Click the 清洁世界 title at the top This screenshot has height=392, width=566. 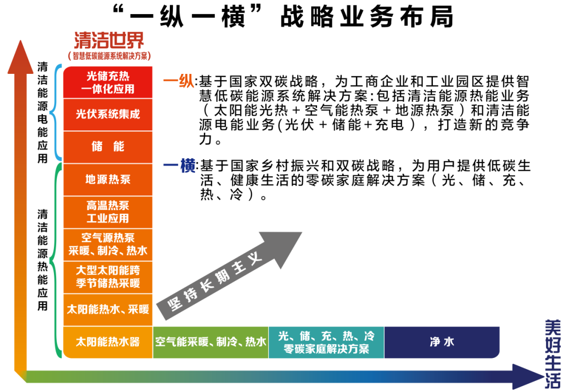pyautogui.click(x=109, y=40)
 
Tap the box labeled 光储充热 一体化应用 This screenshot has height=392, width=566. pyautogui.click(x=108, y=82)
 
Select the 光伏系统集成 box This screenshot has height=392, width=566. pyautogui.click(x=108, y=114)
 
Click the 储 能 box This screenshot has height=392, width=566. pyautogui.click(x=108, y=147)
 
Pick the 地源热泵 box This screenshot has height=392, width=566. pyautogui.click(x=108, y=179)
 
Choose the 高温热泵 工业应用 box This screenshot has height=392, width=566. pyautogui.click(x=108, y=212)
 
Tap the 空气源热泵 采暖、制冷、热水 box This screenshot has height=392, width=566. pyautogui.click(x=108, y=244)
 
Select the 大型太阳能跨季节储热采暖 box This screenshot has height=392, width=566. pyautogui.click(x=108, y=277)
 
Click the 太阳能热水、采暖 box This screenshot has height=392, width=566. pyautogui.click(x=108, y=309)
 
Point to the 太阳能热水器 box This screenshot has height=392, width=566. pyautogui.click(x=108, y=342)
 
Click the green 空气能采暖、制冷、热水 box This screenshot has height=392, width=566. pyautogui.click(x=211, y=342)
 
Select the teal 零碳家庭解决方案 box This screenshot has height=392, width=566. pyautogui.click(x=326, y=342)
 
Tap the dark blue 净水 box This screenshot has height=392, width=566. pyautogui.click(x=442, y=342)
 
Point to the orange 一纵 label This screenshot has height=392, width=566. pyautogui.click(x=179, y=82)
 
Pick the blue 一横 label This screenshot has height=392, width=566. pyautogui.click(x=179, y=167)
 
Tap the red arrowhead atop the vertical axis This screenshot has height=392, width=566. pyautogui.click(x=20, y=58)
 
